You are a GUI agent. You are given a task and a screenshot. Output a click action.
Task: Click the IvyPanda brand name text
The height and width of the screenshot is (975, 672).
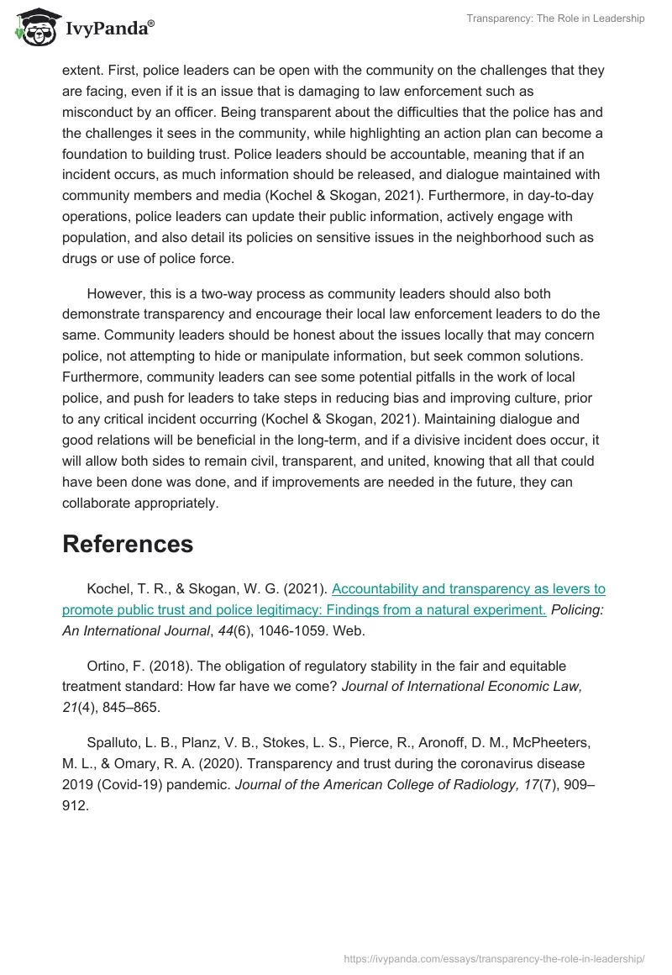(108, 29)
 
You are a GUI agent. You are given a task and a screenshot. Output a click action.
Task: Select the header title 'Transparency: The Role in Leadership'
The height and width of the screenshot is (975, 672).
(555, 18)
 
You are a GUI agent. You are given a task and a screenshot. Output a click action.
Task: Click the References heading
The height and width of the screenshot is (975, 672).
(128, 544)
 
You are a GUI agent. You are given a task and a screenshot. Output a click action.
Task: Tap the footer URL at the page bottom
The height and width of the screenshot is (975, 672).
(495, 958)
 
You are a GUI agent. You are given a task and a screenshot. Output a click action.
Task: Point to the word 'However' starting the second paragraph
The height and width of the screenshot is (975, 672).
(116, 293)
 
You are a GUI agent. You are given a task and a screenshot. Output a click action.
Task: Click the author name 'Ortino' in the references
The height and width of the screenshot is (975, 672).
(107, 666)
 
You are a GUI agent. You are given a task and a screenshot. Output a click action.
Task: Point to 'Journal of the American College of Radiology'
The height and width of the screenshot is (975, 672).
(357, 783)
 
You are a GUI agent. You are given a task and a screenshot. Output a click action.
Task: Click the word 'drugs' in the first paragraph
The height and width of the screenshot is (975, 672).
(81, 258)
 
